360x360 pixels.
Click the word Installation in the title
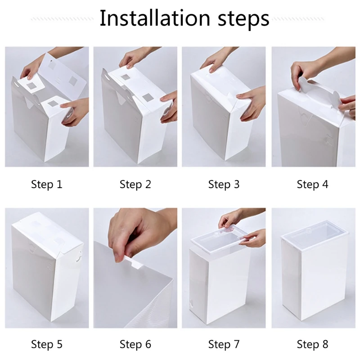(x=155, y=18)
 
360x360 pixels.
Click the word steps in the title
(x=243, y=19)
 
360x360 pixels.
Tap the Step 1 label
(x=47, y=184)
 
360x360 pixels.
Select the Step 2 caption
(x=135, y=184)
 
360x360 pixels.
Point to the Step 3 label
(x=224, y=184)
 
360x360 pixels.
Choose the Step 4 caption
(x=312, y=184)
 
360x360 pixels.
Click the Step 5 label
(x=47, y=344)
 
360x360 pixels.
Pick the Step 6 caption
(x=135, y=344)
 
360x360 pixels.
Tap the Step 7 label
(x=224, y=344)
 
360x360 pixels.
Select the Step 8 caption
(x=312, y=344)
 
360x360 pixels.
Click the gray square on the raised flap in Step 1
(x=73, y=81)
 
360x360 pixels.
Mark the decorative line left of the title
(x=62, y=19)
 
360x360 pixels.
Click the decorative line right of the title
(x=298, y=19)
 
